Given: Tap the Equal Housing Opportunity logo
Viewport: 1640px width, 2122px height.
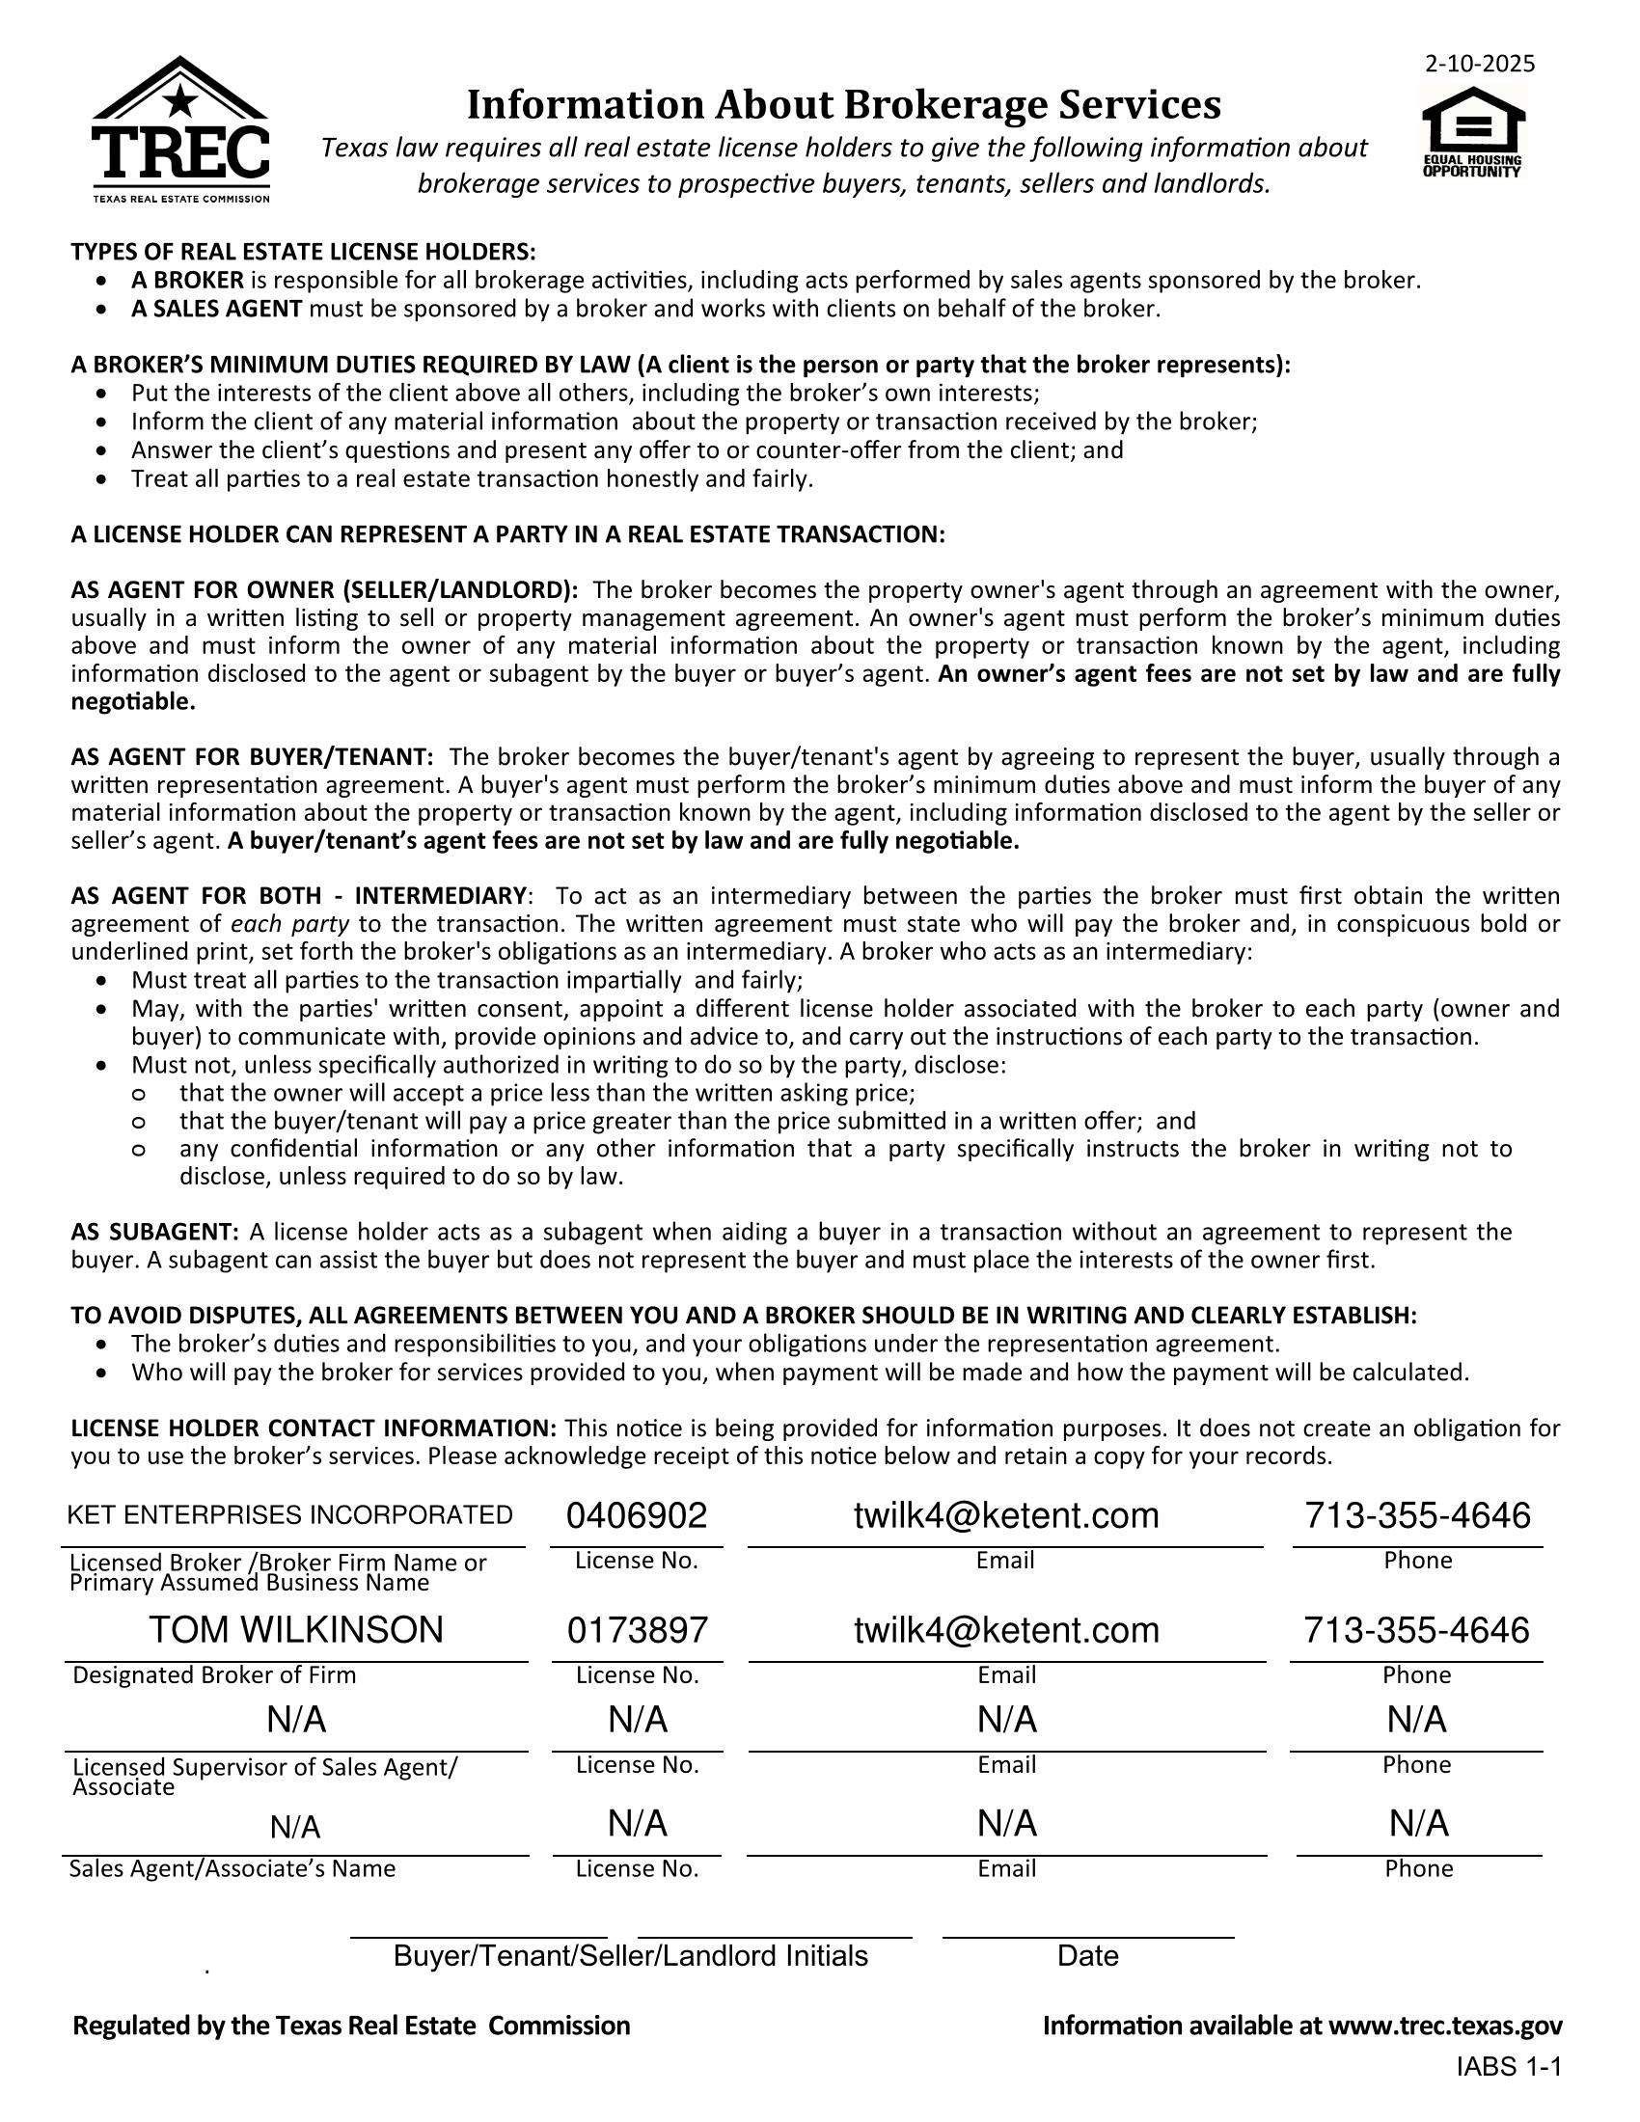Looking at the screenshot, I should pyautogui.click(x=1473, y=132).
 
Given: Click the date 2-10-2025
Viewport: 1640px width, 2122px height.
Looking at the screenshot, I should pyautogui.click(x=1480, y=64).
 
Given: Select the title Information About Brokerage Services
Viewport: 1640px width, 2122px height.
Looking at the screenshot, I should pyautogui.click(x=843, y=105).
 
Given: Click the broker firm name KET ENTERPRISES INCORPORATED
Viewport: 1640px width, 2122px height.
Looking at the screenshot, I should pyautogui.click(x=289, y=1514).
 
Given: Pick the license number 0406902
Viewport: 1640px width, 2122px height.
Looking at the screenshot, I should pyautogui.click(x=637, y=1514).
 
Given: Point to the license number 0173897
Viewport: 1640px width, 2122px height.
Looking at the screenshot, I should pyautogui.click(x=638, y=1629).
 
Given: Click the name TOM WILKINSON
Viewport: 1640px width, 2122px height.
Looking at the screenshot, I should pyautogui.click(x=295, y=1629).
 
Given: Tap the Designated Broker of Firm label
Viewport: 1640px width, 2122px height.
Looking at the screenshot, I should pyautogui.click(x=215, y=1674).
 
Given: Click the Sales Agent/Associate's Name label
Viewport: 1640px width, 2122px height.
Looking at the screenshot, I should pyautogui.click(x=232, y=1867).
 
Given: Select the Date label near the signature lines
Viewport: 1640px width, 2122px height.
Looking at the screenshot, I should pyautogui.click(x=1087, y=1955).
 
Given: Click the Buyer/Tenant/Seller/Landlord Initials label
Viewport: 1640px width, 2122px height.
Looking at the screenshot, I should pyautogui.click(x=630, y=1955).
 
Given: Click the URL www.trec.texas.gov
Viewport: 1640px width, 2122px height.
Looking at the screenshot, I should pyautogui.click(x=1445, y=2025).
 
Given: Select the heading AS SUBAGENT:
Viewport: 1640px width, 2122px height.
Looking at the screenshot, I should pyautogui.click(x=154, y=1232).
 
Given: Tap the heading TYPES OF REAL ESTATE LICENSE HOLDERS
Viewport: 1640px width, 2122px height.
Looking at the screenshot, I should pyautogui.click(x=303, y=252).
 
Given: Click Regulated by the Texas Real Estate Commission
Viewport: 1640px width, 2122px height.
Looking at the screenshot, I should pyautogui.click(x=352, y=2025).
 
